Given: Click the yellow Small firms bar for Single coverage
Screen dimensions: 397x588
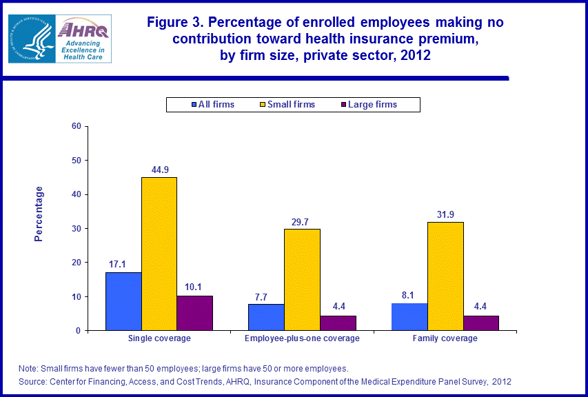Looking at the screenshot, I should [x=159, y=254].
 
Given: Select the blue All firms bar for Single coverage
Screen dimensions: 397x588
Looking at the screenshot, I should [x=123, y=301].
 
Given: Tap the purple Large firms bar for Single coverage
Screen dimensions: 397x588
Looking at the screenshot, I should [x=194, y=313].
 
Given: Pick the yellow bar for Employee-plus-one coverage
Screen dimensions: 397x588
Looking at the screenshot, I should [x=302, y=279].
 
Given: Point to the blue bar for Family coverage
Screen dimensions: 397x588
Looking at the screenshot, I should [x=409, y=316].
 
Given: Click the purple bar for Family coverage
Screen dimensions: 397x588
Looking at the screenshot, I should [x=480, y=323].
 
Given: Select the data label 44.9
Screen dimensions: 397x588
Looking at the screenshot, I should [x=159, y=167].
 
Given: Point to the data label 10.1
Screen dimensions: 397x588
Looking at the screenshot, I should [x=194, y=286].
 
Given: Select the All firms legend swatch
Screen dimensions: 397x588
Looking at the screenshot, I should [x=194, y=105].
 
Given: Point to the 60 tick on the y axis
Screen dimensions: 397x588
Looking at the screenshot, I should [x=76, y=126].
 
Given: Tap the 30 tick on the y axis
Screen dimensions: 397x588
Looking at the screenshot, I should [x=76, y=228].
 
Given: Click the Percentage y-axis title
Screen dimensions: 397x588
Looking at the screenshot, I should [x=39, y=213].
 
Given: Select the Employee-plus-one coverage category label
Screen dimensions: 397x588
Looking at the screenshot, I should [x=302, y=338].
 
